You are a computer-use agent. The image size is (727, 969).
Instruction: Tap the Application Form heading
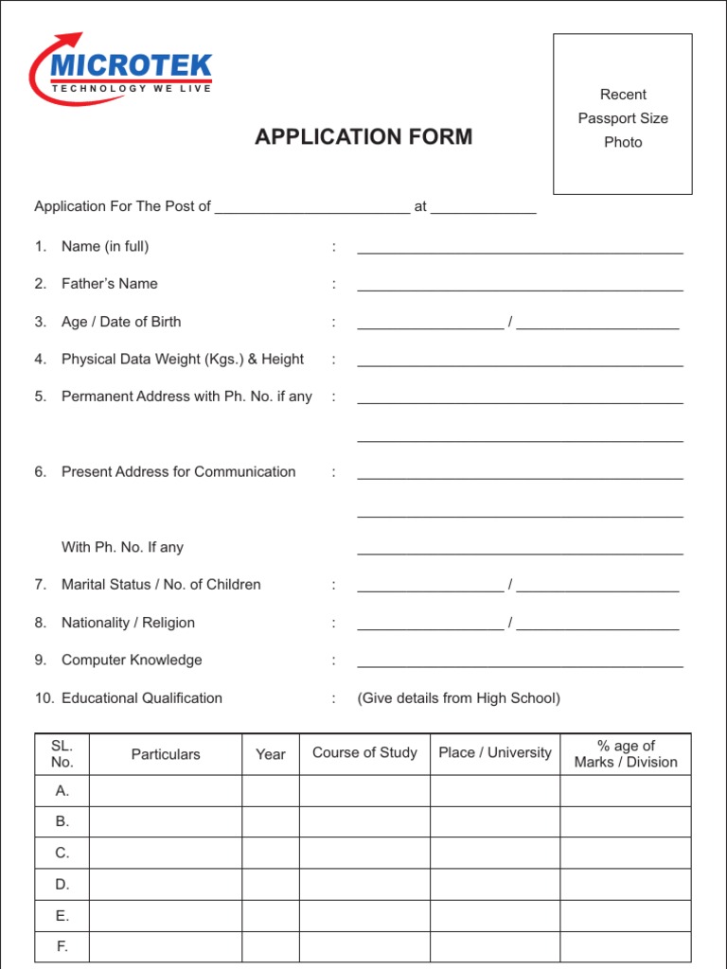[x=363, y=137]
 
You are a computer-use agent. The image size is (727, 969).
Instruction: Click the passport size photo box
[x=622, y=115]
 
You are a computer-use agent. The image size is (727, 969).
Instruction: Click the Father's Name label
[x=110, y=284]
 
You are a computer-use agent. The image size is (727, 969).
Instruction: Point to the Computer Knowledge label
[x=132, y=661]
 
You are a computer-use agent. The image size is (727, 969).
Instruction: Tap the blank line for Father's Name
[x=520, y=289]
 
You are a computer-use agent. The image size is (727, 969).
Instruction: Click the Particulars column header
[x=166, y=754]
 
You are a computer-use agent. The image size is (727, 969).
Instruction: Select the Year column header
[x=271, y=754]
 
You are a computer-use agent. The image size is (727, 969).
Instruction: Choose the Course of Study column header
[x=364, y=753]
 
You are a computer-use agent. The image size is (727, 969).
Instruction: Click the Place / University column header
[x=495, y=753]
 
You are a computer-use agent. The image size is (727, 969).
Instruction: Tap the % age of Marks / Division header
[x=626, y=754]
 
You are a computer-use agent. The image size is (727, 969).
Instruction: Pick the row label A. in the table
[x=62, y=791]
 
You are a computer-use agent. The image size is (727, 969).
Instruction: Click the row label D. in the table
[x=62, y=885]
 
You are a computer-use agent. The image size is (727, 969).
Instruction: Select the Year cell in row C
[x=271, y=854]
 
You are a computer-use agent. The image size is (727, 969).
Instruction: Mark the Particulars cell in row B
[x=166, y=822]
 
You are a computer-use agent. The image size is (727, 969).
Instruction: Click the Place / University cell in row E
[x=495, y=916]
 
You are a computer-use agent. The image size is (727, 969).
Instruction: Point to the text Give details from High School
[x=459, y=698]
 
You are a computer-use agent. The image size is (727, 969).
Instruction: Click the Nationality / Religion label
[x=128, y=623]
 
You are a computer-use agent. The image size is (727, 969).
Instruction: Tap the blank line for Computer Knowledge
[x=520, y=665]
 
